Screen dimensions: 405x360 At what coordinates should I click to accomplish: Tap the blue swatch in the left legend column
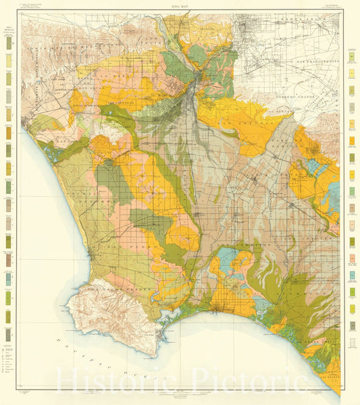click(9, 277)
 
